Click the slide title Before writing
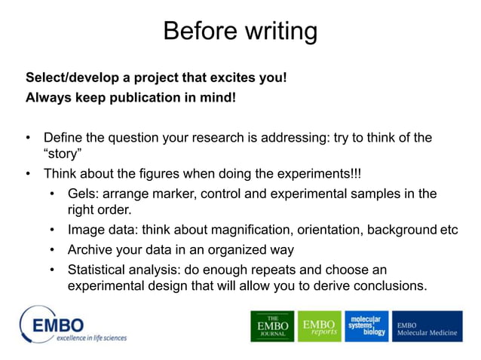coord(240,32)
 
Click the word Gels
coord(82,194)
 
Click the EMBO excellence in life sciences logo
coord(73,325)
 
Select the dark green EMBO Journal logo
coord(272,326)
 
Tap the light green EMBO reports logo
coord(319,326)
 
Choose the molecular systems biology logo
coord(367,326)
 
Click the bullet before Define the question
coord(29,138)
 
